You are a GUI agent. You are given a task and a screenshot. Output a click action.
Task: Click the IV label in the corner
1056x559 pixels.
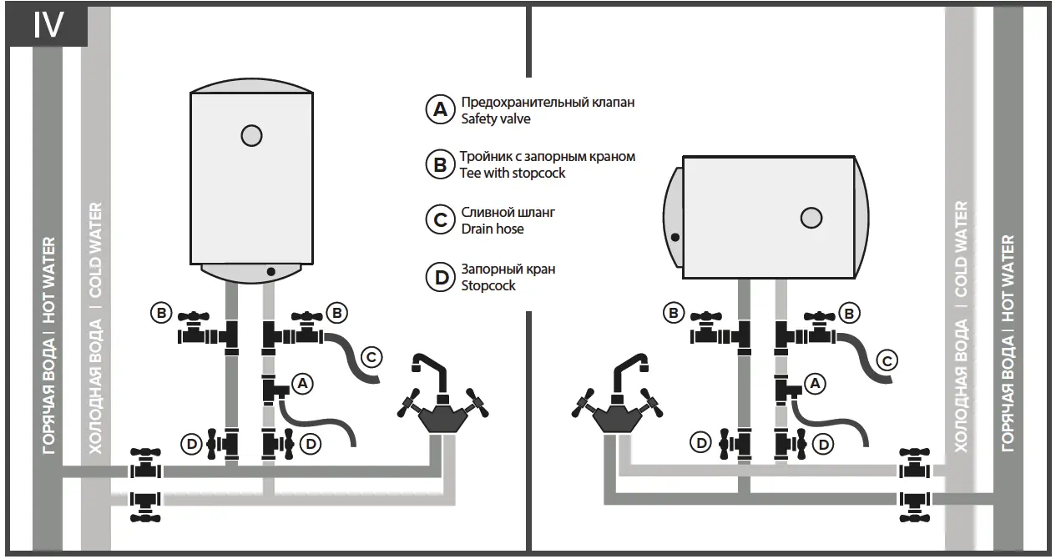pyautogui.click(x=48, y=25)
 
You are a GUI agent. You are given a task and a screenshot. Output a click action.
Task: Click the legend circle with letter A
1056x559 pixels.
pyautogui.click(x=439, y=110)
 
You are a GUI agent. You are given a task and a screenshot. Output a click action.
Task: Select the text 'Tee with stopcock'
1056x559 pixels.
pyautogui.click(x=513, y=173)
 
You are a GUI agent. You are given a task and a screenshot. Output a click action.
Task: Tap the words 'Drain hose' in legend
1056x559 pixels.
pyautogui.click(x=493, y=229)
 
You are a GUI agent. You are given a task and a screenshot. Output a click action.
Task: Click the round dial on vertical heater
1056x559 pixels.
pyautogui.click(x=251, y=135)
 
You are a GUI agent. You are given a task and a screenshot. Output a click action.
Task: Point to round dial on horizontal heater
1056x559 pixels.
pyautogui.click(x=811, y=218)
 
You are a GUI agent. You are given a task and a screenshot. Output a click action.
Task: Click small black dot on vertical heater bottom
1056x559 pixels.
pyautogui.click(x=270, y=272)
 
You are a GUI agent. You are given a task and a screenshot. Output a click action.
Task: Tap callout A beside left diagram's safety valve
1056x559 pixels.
pyautogui.click(x=303, y=383)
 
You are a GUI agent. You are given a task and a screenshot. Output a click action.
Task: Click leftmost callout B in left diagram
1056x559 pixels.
pyautogui.click(x=160, y=314)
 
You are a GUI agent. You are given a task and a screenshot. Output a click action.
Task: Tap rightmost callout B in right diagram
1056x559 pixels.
pyautogui.click(x=849, y=314)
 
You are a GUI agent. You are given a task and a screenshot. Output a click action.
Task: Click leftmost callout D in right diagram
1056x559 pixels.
pyautogui.click(x=701, y=444)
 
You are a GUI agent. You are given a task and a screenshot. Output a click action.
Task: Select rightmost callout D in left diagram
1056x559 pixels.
pyautogui.click(x=311, y=444)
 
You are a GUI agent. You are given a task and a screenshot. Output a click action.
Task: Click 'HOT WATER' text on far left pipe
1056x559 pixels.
pyautogui.click(x=49, y=279)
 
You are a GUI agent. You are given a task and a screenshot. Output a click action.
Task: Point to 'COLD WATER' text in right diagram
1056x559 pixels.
pyautogui.click(x=961, y=249)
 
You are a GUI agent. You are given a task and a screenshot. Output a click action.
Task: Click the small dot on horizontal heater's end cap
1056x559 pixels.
pyautogui.click(x=675, y=238)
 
